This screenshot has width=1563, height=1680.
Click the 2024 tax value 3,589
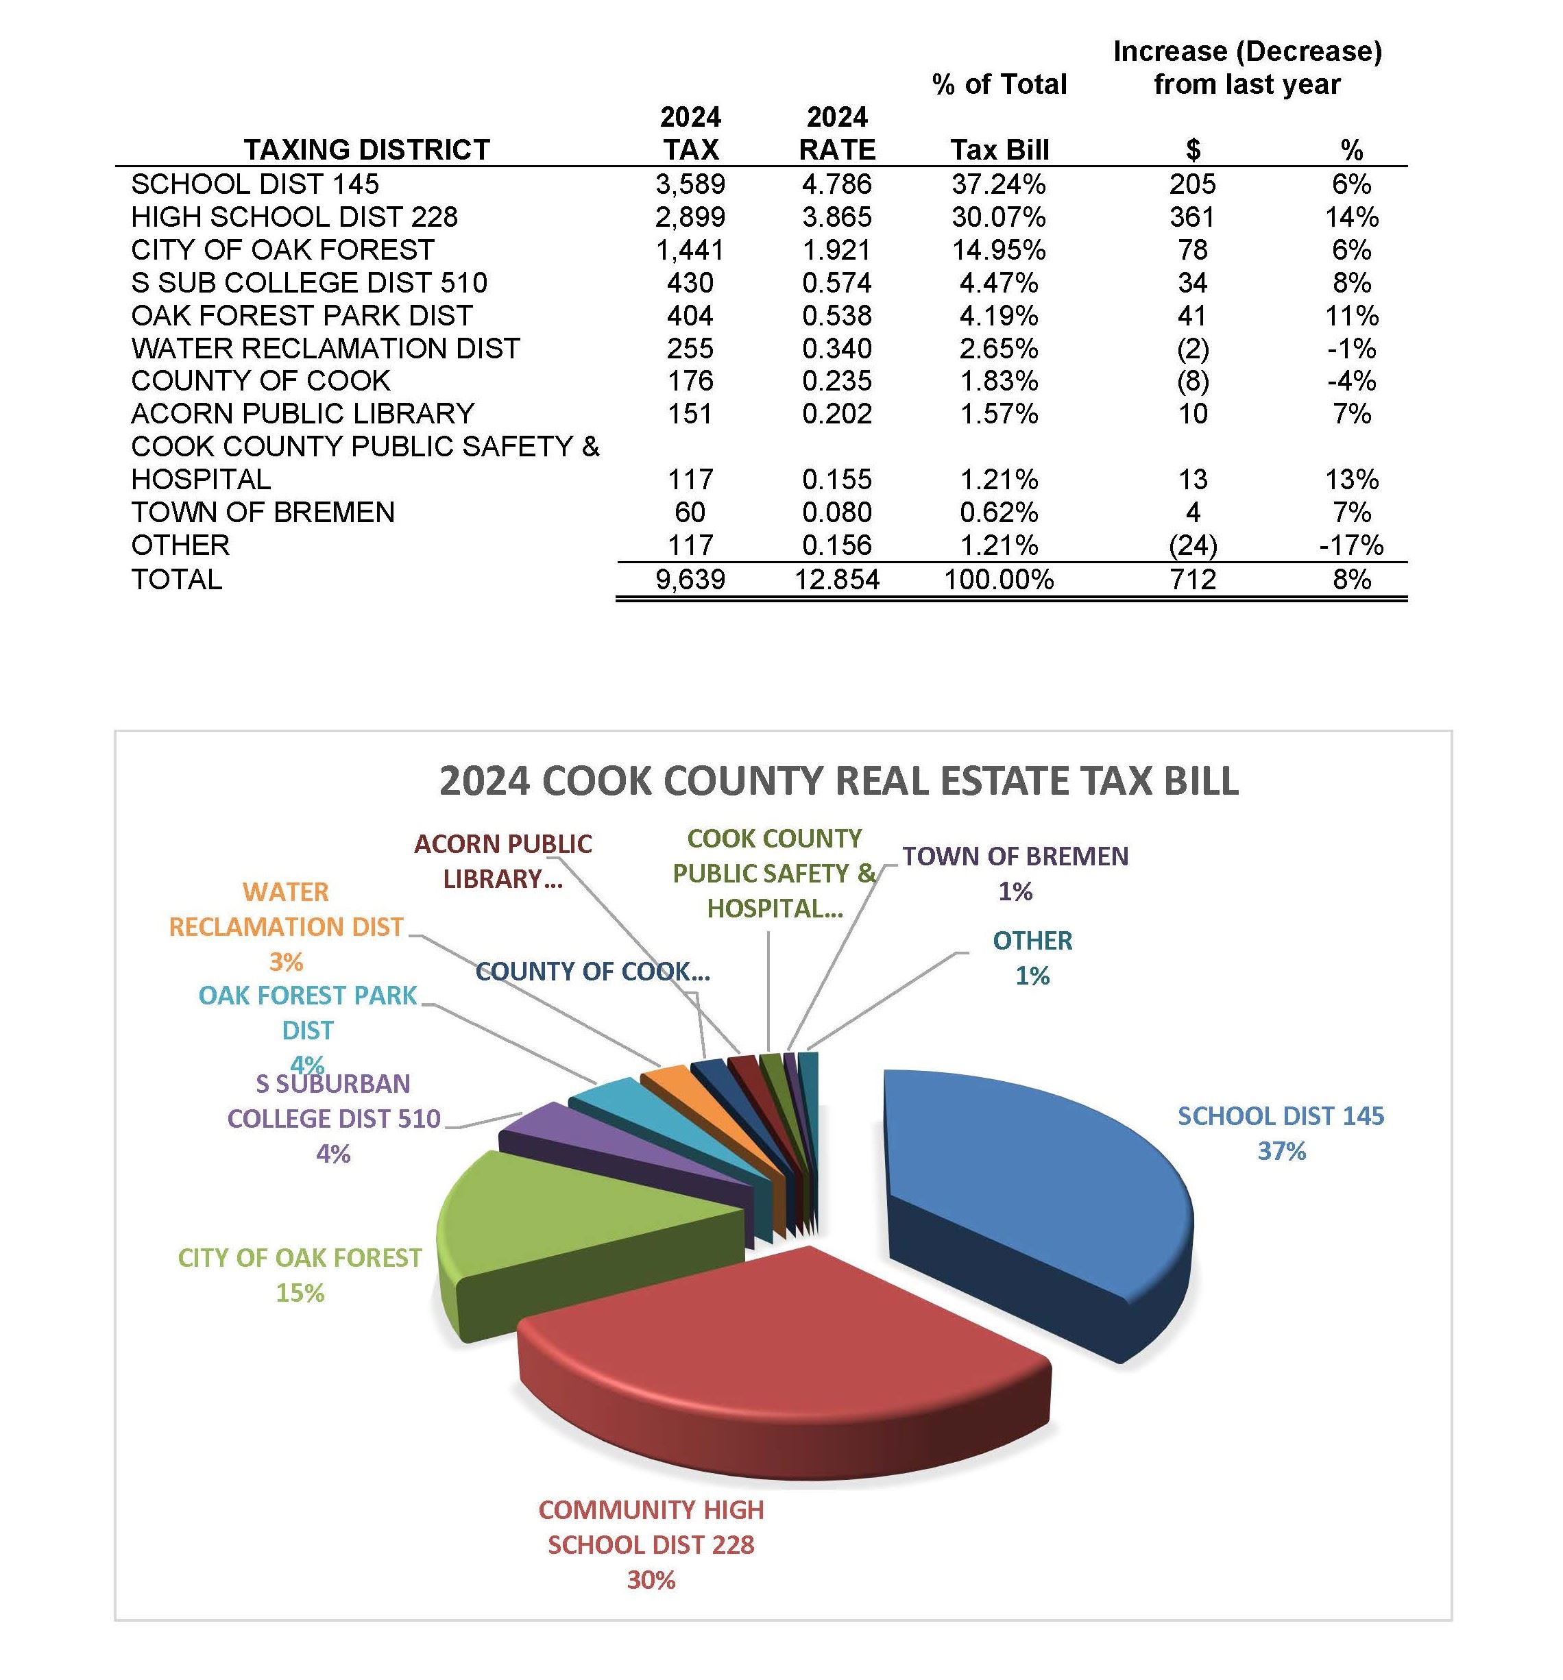pos(690,184)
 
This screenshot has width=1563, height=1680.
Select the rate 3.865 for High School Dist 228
pos(836,217)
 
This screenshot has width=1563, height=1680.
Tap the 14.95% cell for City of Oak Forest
pos(998,250)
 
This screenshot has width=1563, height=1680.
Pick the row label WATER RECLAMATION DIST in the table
pos(326,348)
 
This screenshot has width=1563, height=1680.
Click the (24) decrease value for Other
pos(1192,545)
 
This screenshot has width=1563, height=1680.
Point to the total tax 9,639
pos(690,580)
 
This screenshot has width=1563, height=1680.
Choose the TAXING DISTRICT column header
pos(367,149)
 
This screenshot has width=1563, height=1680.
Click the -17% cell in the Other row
pos(1350,545)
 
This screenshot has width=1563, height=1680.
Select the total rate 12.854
pos(836,580)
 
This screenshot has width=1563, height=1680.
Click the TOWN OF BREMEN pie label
pos(1015,856)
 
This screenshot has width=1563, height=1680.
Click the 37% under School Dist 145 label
pos(1281,1151)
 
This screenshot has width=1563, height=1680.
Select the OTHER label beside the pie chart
pos(1032,941)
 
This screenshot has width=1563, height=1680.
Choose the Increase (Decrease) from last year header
pos(1247,68)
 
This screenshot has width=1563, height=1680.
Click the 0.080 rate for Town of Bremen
pos(836,512)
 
